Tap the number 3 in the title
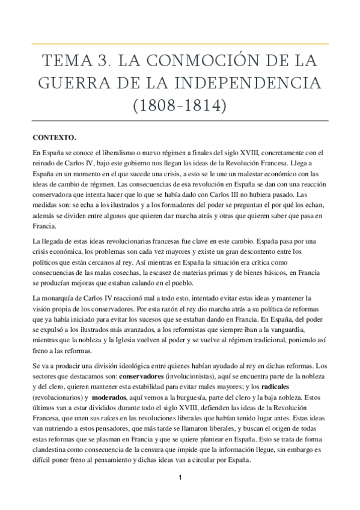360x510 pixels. pos(103,62)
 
